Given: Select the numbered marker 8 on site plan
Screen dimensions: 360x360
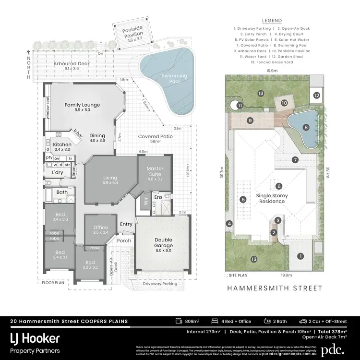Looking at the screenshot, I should [305, 127].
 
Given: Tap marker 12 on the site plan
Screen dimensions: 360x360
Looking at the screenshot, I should [317, 96].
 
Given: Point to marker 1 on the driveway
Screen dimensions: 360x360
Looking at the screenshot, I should [300, 257].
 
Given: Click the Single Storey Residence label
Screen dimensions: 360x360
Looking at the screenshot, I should [272, 198].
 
